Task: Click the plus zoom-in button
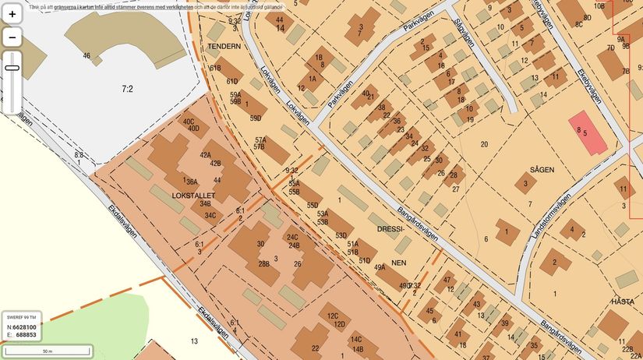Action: coord(12,14)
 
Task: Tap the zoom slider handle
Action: coord(12,68)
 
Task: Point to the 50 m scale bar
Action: coord(47,351)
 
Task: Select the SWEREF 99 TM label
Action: coord(22,317)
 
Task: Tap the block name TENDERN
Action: coord(224,46)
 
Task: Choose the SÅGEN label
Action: coord(542,168)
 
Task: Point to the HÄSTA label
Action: coord(623,300)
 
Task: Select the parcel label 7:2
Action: coord(127,90)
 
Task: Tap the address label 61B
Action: coord(215,68)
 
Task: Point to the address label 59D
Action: coord(255,118)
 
